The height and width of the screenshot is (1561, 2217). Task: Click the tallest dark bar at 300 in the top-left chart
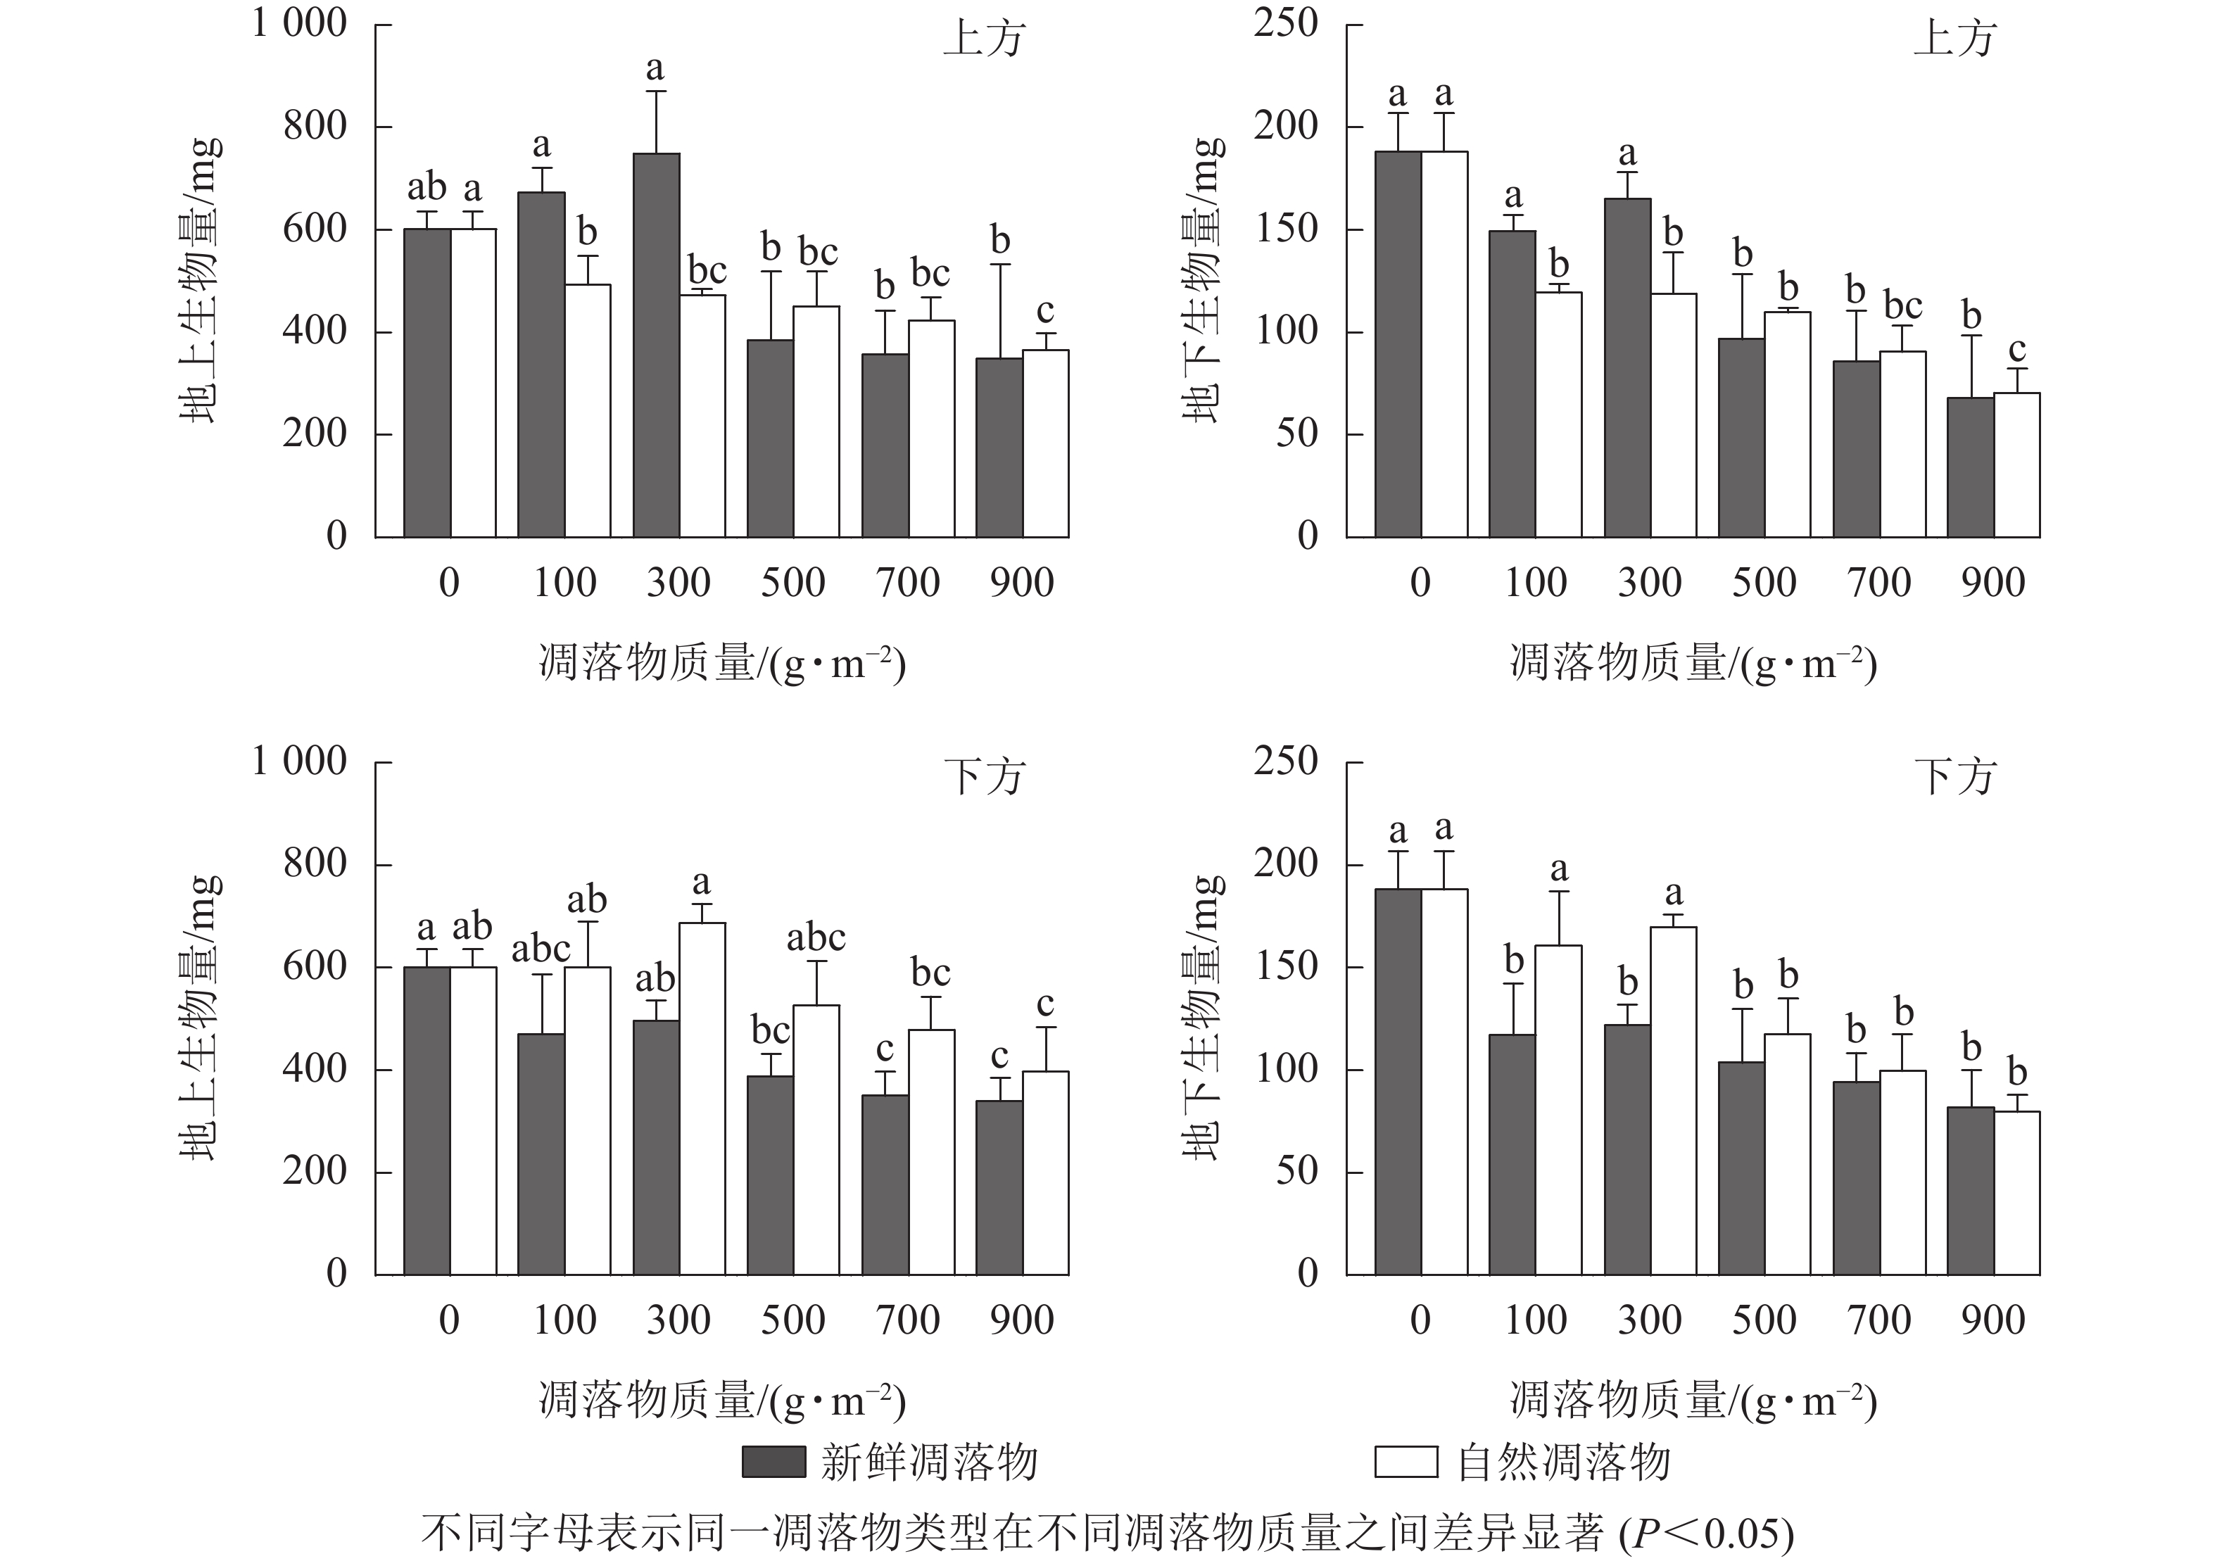pos(657,345)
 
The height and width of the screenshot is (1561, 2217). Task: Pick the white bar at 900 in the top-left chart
pos(1046,443)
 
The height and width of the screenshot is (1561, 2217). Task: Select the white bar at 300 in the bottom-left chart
pos(702,1099)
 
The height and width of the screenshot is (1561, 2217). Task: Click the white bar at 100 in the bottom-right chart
pos(1558,1110)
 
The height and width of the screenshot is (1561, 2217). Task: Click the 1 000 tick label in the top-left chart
pos(299,23)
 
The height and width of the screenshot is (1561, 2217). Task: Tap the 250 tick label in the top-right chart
pos(1285,23)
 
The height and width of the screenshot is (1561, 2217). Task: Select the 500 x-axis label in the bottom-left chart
pos(792,1320)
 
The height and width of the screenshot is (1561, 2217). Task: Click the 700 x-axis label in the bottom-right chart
pos(1878,1320)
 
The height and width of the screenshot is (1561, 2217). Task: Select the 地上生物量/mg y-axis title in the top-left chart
pos(201,280)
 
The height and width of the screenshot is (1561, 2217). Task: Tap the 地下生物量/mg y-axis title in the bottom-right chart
pos(1204,1018)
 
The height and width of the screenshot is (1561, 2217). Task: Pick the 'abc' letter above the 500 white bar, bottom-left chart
pos(816,937)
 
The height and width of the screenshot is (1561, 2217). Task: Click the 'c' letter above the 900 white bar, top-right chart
pos(2016,350)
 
